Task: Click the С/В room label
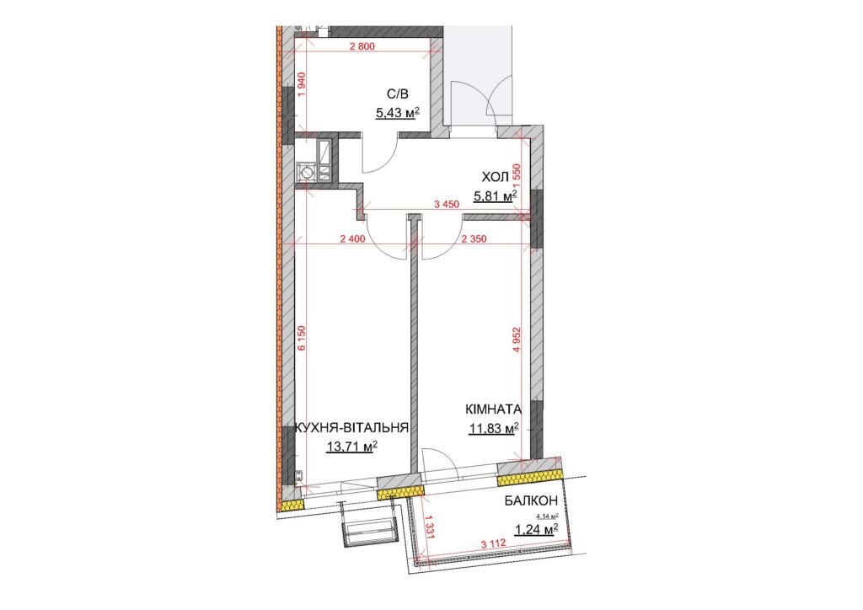(x=398, y=94)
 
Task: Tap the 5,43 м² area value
(x=398, y=113)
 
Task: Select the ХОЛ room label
(x=494, y=177)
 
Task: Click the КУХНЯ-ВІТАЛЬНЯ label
(x=351, y=428)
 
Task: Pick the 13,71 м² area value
(x=351, y=447)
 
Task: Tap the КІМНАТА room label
(x=493, y=409)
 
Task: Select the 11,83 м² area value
(x=494, y=428)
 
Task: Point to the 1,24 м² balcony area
(x=537, y=529)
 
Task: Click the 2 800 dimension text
(x=362, y=46)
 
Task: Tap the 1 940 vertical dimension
(x=301, y=85)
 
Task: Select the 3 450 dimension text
(x=447, y=205)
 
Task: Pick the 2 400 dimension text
(x=353, y=239)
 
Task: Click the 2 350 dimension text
(x=474, y=239)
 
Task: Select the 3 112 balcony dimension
(x=494, y=545)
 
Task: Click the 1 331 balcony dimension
(x=430, y=527)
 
